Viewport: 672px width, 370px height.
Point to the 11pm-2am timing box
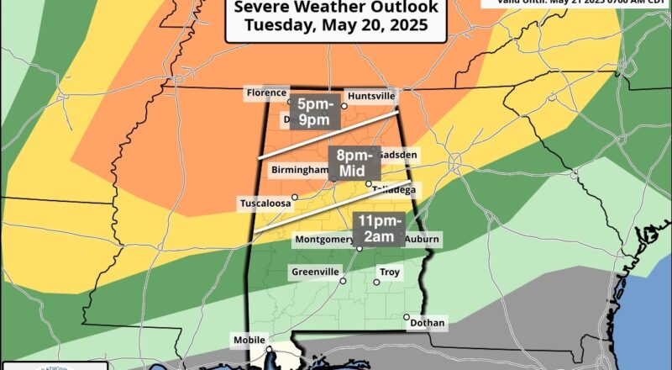[377, 229]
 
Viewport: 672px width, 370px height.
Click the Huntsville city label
[370, 96]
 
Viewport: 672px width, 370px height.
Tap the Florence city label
[266, 92]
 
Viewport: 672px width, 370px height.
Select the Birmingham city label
[299, 170]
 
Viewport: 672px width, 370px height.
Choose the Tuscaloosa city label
[263, 203]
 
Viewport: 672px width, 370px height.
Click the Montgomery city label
[323, 240]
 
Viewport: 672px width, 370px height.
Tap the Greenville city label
[315, 272]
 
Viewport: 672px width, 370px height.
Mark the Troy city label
[390, 272]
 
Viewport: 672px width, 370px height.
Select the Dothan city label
[428, 322]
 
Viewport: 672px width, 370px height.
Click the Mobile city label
[248, 341]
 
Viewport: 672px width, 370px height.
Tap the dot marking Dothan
[407, 317]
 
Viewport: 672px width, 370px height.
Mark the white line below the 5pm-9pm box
[328, 136]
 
